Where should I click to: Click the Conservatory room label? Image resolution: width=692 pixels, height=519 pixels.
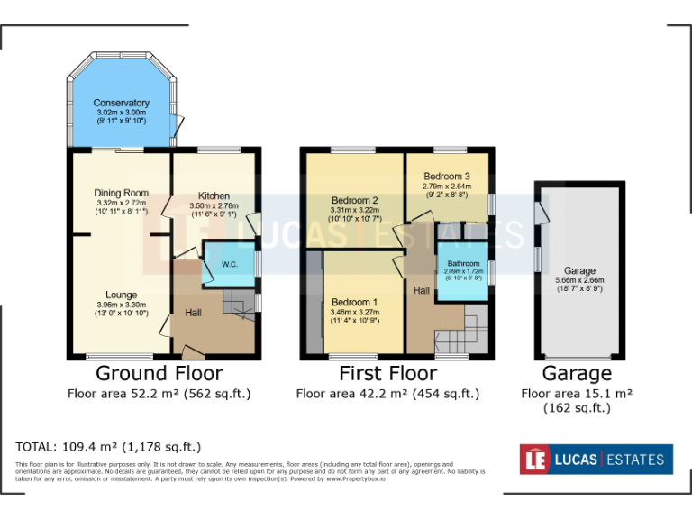pos(121,103)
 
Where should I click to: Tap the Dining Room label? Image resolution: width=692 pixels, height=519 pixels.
pos(121,193)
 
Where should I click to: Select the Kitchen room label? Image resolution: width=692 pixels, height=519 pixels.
pos(214,196)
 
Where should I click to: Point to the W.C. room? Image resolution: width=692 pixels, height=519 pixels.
pos(228,264)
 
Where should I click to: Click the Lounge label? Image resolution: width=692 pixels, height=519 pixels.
pos(121,294)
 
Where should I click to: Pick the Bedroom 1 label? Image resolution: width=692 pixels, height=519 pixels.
pos(354,302)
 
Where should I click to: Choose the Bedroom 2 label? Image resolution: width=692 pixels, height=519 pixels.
pos(354,200)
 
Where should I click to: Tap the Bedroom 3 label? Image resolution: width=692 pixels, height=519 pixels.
pos(446,176)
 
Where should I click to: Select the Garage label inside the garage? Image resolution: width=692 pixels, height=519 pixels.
pos(579,270)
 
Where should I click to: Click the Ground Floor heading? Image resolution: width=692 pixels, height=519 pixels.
pos(159,373)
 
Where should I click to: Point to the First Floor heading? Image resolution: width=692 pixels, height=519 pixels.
pos(387,373)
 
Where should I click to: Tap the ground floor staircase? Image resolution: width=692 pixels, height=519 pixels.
pos(238,303)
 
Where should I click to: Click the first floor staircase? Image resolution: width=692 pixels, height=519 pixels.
pos(455,337)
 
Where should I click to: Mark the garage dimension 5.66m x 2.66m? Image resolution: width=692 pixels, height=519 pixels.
pos(579,280)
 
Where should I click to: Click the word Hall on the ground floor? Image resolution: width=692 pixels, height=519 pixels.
pos(193,313)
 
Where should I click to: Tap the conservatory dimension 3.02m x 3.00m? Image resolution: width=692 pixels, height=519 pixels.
pos(121,113)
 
